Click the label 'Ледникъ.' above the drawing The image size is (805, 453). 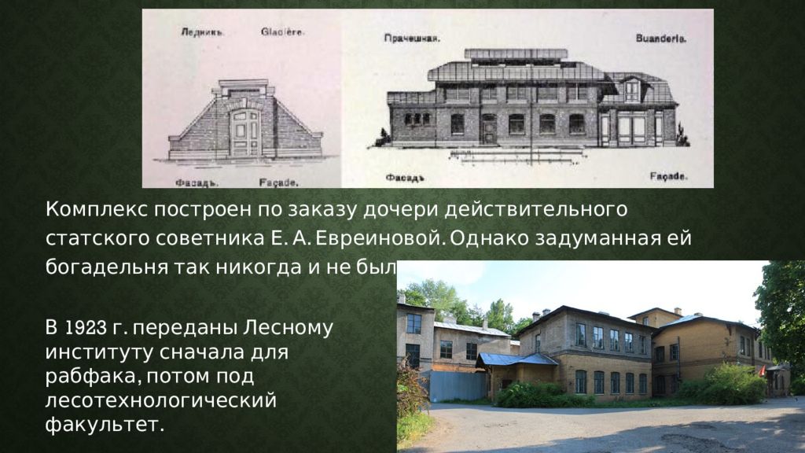click(x=203, y=33)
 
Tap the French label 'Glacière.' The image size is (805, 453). click(x=282, y=33)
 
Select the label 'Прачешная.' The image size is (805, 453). click(x=412, y=38)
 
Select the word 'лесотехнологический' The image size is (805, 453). click(x=161, y=402)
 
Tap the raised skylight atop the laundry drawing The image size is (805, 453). click(x=516, y=54)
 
